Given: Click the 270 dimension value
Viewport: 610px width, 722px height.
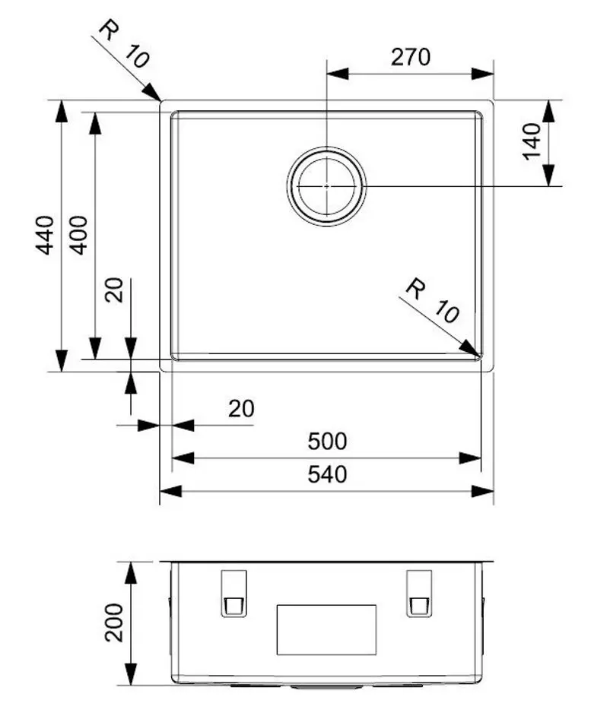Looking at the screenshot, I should pyautogui.click(x=411, y=57).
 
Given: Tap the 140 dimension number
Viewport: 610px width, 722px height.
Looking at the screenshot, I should pyautogui.click(x=532, y=142).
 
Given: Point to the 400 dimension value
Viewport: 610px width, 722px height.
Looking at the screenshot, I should pyautogui.click(x=78, y=235).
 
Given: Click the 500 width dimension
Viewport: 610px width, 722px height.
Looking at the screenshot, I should pyautogui.click(x=327, y=441).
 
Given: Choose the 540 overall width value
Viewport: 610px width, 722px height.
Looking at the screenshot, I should pyautogui.click(x=327, y=474).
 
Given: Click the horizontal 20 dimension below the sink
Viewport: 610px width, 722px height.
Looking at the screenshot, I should pyautogui.click(x=241, y=409).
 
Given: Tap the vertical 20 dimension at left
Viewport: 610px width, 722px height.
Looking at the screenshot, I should pyautogui.click(x=114, y=290).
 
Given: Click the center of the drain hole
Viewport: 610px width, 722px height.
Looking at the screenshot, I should pyautogui.click(x=326, y=185).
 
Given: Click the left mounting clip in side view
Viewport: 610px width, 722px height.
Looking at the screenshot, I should pyautogui.click(x=234, y=593).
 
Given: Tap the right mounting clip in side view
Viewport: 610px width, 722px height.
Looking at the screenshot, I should pyautogui.click(x=419, y=593).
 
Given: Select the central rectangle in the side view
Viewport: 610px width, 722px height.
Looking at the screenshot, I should pyautogui.click(x=326, y=629).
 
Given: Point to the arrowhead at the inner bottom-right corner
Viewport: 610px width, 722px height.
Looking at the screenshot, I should pyautogui.click(x=472, y=349).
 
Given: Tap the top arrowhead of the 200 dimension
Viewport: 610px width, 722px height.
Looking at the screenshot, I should pyautogui.click(x=132, y=572).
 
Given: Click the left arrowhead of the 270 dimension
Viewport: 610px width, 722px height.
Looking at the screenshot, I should pyautogui.click(x=337, y=74).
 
